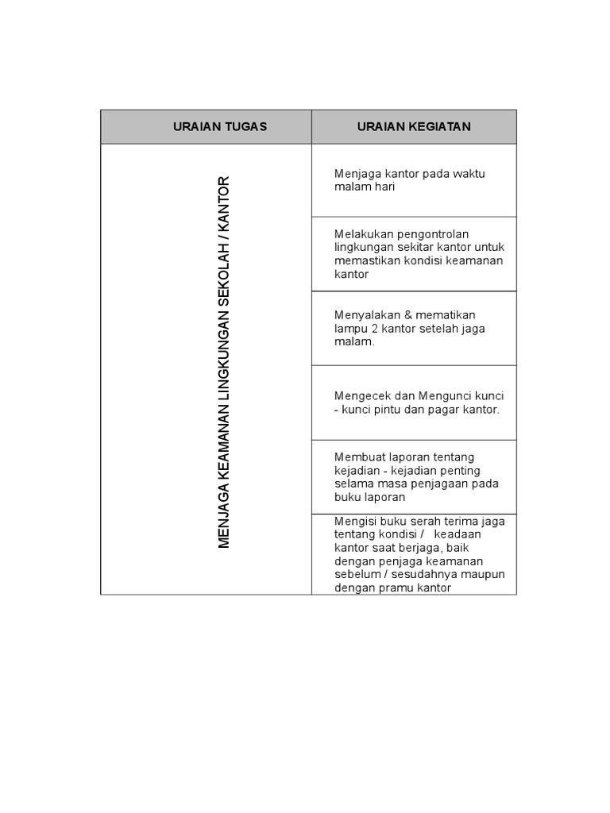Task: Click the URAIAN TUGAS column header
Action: (220, 127)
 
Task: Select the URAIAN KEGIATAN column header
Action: (414, 127)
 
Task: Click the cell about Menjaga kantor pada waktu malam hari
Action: (414, 180)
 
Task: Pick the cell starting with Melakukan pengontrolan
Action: (414, 254)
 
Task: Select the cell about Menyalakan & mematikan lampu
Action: (414, 328)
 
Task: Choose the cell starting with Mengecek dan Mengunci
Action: (414, 403)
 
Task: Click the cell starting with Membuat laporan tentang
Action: (414, 477)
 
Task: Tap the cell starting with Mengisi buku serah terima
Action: (414, 554)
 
